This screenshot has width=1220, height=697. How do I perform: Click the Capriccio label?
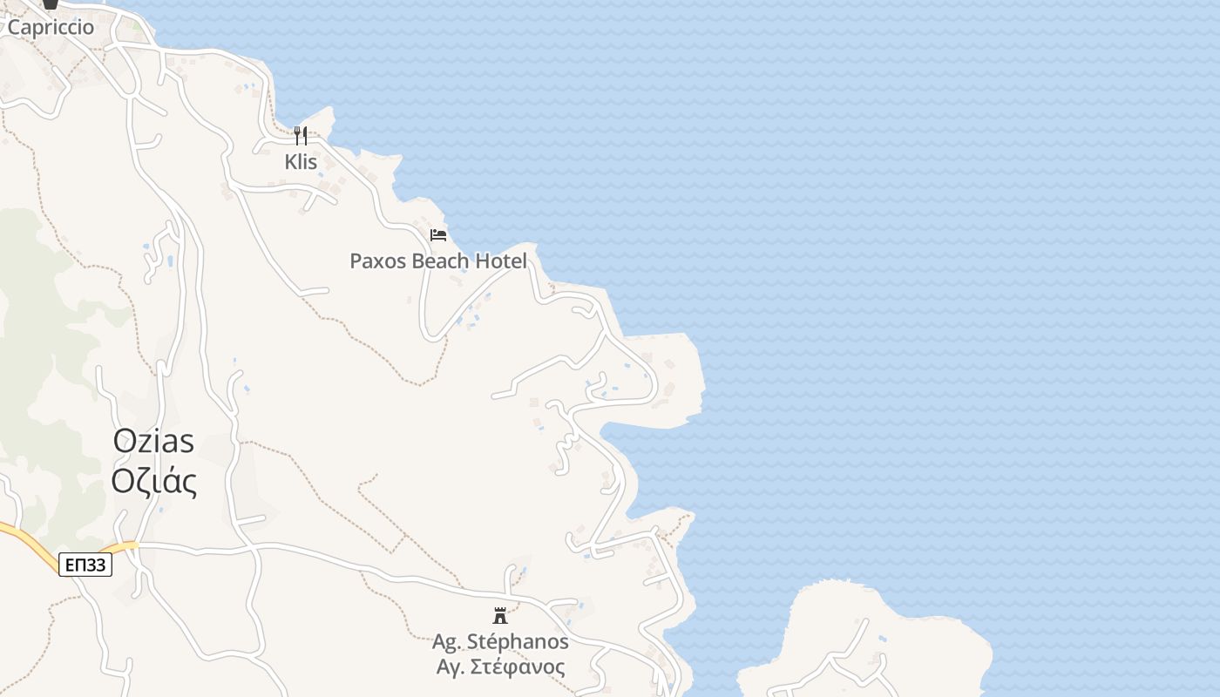pos(51,27)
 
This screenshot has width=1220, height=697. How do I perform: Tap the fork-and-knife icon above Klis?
pos(301,135)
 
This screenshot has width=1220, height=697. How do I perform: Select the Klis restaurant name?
pos(301,162)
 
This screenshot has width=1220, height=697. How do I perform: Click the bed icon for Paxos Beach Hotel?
pos(438,235)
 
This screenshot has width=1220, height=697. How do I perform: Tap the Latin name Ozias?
pos(153,441)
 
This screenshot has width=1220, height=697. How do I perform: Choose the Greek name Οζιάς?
pos(153,481)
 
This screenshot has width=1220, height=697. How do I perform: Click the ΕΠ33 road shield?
pos(85,565)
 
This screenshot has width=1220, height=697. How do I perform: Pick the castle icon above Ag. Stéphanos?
pos(500,616)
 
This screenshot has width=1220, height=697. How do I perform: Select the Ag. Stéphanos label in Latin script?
pos(500,642)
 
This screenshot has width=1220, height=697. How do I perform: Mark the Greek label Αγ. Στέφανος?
pos(500,667)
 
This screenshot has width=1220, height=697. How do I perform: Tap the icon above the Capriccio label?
pos(51,3)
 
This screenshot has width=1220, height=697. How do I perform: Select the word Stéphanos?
pos(517,642)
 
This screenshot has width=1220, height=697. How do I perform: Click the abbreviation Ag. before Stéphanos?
pos(447,642)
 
